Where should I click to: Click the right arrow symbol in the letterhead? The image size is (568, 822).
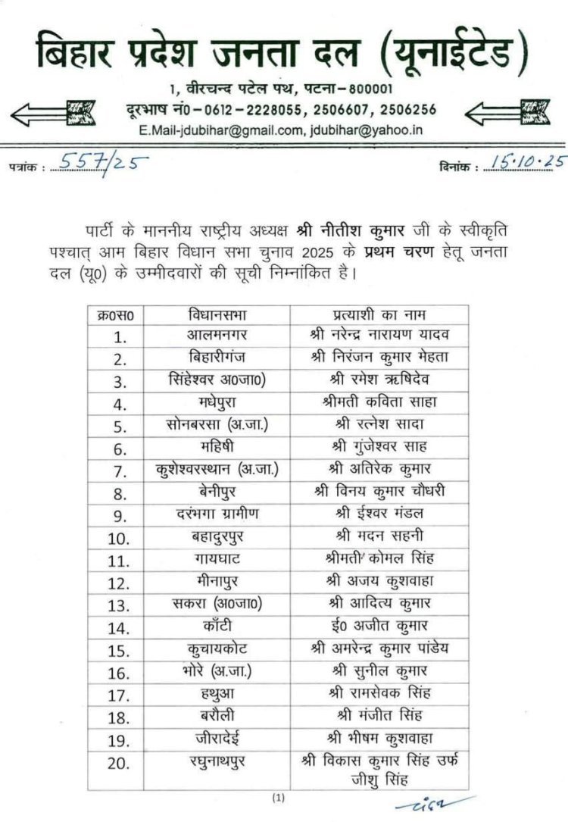pos(509,114)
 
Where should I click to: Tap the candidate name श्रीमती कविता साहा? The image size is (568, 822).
pos(379,402)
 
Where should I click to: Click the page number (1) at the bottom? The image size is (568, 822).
pos(279,798)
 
